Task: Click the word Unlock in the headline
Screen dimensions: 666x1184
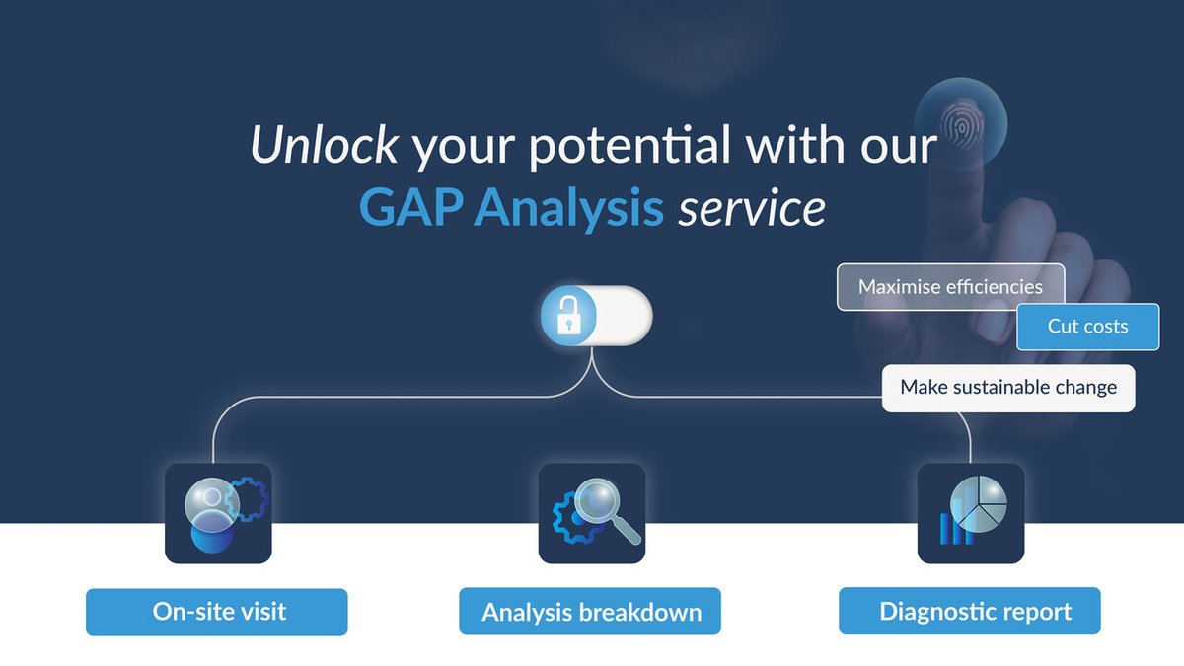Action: [x=324, y=147]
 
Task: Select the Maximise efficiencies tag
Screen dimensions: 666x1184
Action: [x=949, y=287]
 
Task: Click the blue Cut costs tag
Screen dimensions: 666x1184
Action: [x=1087, y=326]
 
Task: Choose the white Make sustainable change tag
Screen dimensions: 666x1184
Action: [x=1007, y=387]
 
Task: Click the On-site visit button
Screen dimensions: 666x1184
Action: [x=217, y=612]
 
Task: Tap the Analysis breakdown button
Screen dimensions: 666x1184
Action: [x=590, y=612]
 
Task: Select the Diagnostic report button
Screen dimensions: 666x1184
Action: [x=970, y=612]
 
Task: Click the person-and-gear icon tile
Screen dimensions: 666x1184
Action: [x=218, y=513]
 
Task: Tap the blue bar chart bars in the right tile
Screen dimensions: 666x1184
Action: [x=954, y=529]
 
